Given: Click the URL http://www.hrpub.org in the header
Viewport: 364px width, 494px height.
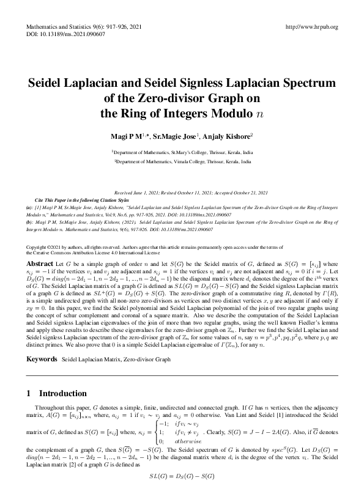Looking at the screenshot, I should click(x=312, y=28).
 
